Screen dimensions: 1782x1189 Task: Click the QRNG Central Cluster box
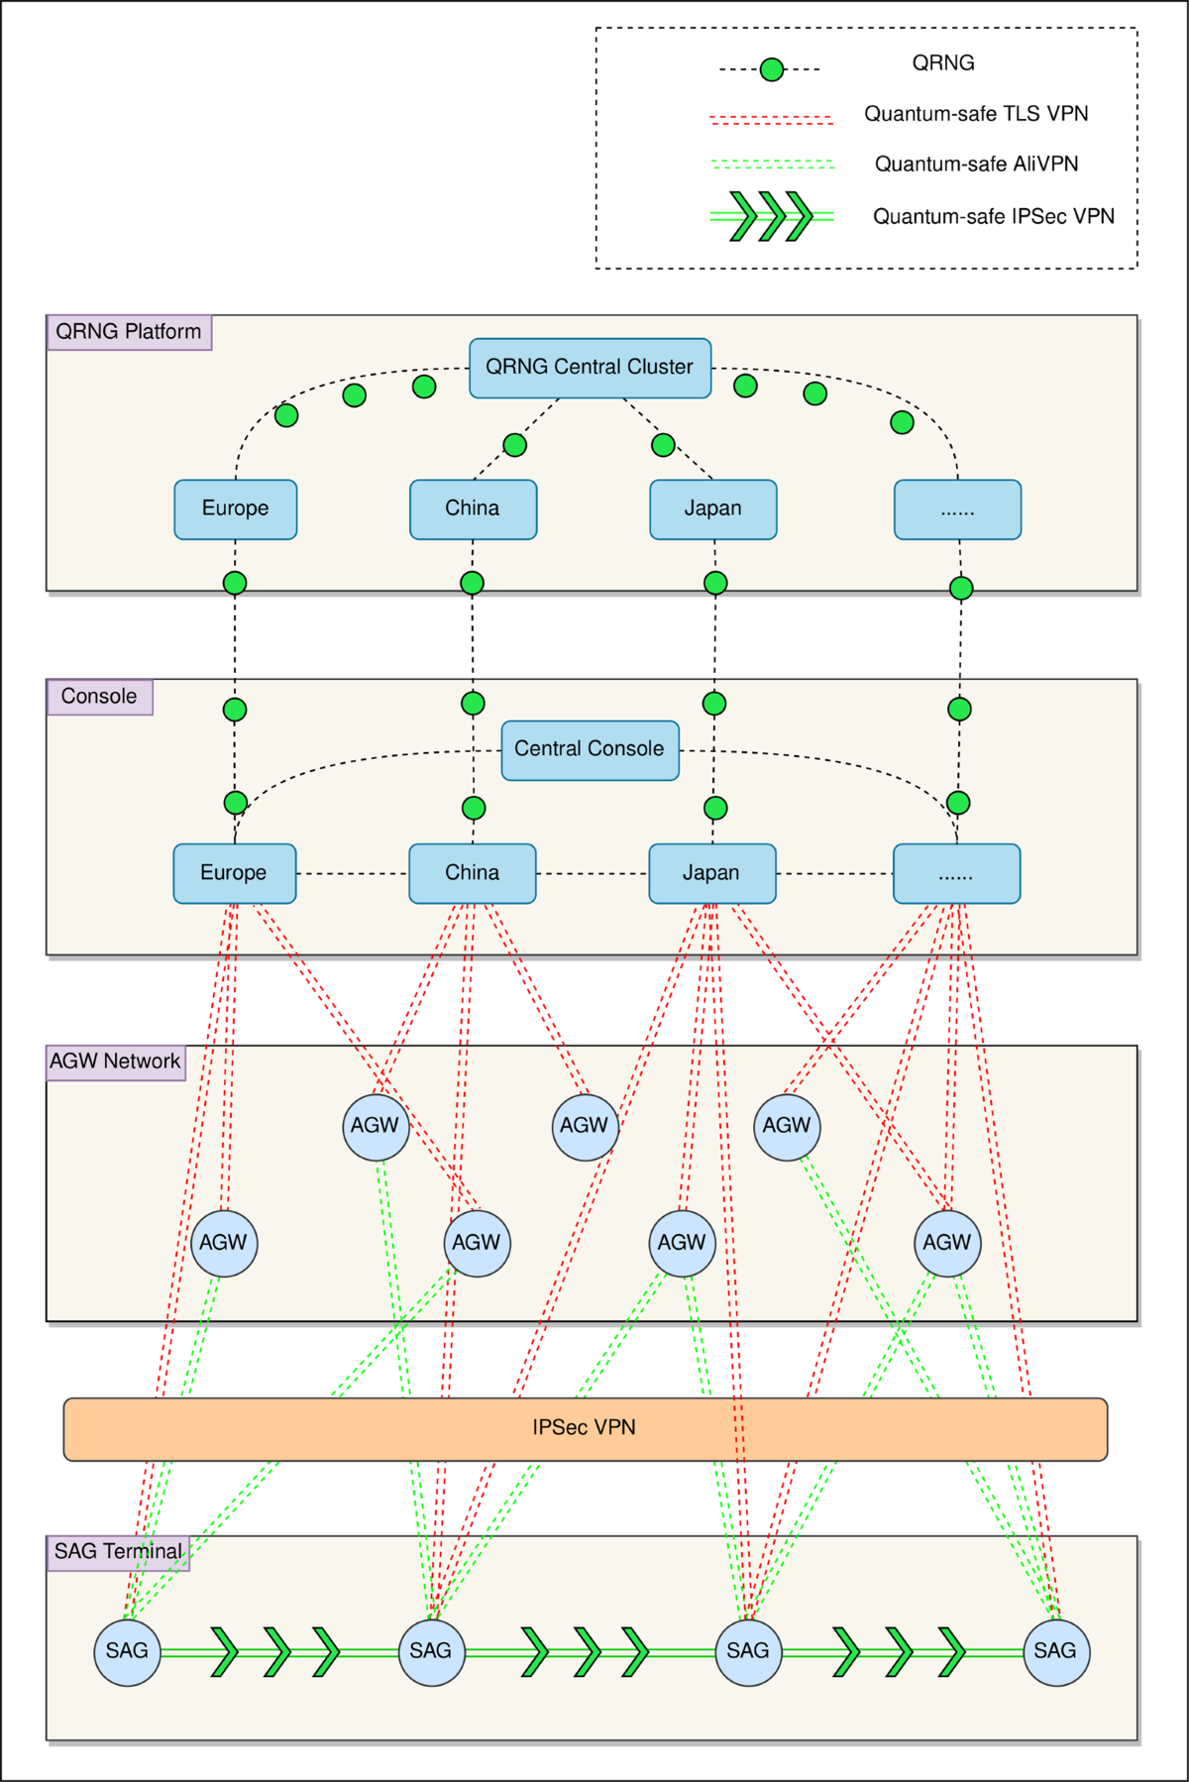pyautogui.click(x=590, y=368)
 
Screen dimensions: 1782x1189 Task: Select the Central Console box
pyautogui.click(x=590, y=750)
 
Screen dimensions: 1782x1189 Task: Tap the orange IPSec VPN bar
pyautogui.click(x=585, y=1428)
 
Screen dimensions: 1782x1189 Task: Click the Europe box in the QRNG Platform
pyautogui.click(x=235, y=509)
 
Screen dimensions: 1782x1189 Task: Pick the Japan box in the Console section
pyautogui.click(x=711, y=873)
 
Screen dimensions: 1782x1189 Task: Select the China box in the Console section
pyautogui.click(x=472, y=873)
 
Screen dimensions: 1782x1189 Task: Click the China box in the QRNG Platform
pyautogui.click(x=473, y=509)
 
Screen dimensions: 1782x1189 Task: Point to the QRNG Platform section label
pyautogui.click(x=129, y=332)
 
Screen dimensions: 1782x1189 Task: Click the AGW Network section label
pyautogui.click(x=116, y=1061)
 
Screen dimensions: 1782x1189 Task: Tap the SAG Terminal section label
pyautogui.click(x=118, y=1552)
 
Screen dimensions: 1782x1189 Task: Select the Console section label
pyautogui.click(x=99, y=697)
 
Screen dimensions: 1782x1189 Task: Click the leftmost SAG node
pyautogui.click(x=127, y=1651)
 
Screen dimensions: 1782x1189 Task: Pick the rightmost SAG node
pyautogui.click(x=1055, y=1651)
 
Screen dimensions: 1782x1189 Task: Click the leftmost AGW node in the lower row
pyautogui.click(x=224, y=1243)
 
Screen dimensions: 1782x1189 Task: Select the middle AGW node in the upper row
pyautogui.click(x=585, y=1126)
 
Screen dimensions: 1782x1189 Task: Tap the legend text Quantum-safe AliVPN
pyautogui.click(x=976, y=165)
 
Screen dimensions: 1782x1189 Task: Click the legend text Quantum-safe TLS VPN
pyautogui.click(x=976, y=114)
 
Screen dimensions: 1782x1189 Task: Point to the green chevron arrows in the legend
pyautogui.click(x=771, y=216)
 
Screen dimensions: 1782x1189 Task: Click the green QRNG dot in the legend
pyautogui.click(x=772, y=69)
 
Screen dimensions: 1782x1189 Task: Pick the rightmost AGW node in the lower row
pyautogui.click(x=947, y=1243)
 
